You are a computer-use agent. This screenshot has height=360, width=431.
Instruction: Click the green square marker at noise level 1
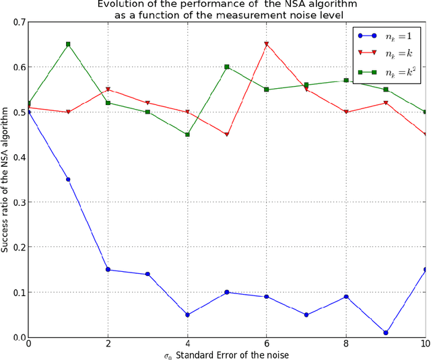tap(68, 44)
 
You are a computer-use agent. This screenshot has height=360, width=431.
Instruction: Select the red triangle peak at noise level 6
tap(267, 44)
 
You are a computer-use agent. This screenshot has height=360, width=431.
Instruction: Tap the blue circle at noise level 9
tap(386, 332)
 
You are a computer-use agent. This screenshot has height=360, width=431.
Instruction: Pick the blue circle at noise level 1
tap(68, 180)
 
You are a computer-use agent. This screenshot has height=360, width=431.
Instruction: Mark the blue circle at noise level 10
tap(425, 270)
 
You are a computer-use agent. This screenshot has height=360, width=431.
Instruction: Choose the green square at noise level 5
tap(227, 67)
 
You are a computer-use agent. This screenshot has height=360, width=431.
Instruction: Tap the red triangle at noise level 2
tap(108, 89)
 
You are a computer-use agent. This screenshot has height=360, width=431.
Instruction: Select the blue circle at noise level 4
tap(187, 315)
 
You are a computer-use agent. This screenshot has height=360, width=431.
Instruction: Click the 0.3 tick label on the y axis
tap(17, 203)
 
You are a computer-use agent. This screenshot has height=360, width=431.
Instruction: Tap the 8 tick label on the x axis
tap(346, 343)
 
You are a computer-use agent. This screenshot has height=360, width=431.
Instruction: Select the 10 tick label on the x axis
tap(424, 343)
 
